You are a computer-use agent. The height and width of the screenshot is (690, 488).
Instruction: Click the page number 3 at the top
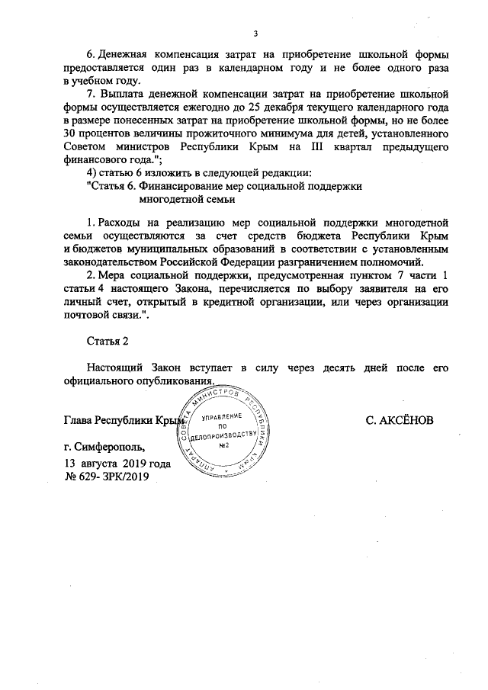(x=255, y=34)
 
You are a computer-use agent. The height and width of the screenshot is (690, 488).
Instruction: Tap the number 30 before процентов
(x=72, y=134)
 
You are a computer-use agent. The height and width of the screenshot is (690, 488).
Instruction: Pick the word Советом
(x=86, y=147)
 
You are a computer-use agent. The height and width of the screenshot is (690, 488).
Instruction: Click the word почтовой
(x=88, y=313)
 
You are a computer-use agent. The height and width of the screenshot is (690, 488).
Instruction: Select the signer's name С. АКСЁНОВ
(x=400, y=420)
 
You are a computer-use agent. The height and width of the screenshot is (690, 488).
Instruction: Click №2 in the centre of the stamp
(x=224, y=444)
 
